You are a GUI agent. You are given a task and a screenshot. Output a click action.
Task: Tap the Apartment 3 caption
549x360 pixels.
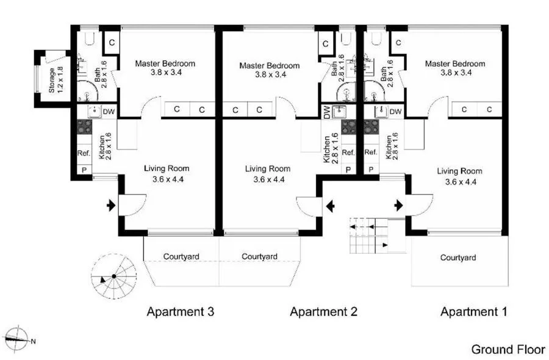180,312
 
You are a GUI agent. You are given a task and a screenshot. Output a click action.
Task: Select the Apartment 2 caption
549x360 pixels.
323,312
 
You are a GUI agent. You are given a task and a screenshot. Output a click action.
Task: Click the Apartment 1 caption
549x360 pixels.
474,312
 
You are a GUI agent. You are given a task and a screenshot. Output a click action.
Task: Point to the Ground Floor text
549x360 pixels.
508,350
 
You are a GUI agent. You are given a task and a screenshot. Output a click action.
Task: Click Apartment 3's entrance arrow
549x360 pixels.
110,206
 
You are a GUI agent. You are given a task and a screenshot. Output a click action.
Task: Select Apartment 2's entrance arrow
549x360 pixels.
329,206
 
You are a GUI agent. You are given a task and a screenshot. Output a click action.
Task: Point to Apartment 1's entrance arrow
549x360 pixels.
400,205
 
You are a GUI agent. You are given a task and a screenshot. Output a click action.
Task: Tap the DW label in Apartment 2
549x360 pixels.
327,112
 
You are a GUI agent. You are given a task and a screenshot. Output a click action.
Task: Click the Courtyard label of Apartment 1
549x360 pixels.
458,258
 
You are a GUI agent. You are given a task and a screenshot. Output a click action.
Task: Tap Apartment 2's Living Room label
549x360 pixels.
267,174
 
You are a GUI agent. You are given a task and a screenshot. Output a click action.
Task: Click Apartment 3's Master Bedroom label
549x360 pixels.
165,68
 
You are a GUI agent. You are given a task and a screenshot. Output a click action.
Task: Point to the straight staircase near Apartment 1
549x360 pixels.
369,235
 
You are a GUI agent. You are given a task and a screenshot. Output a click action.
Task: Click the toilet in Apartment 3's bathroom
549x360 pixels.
89,40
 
